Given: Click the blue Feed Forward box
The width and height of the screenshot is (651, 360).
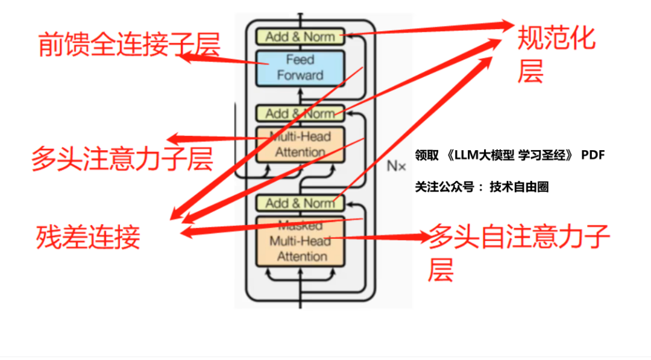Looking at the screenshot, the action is tap(300, 68).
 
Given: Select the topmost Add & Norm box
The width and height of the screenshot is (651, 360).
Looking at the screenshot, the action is tap(300, 36).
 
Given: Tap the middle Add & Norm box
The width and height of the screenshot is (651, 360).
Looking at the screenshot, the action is tap(300, 113).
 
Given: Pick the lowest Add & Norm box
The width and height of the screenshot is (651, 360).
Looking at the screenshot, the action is tap(300, 203).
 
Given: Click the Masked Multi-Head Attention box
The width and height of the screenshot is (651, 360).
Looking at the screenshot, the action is tap(300, 241).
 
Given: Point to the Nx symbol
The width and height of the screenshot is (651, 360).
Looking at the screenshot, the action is tap(396, 165).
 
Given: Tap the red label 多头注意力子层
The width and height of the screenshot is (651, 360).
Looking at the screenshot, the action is tap(122, 159).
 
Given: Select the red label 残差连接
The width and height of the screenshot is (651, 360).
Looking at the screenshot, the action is tap(88, 236).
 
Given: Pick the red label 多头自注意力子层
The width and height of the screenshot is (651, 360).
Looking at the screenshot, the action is tap(518, 250).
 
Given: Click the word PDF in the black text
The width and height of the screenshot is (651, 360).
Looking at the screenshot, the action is tap(593, 156).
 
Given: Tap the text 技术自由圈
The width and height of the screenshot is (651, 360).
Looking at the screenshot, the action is tap(519, 187).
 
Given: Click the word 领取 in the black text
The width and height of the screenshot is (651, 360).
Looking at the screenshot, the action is tap(426, 156).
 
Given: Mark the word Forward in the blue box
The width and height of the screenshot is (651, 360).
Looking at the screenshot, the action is tap(300, 75).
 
